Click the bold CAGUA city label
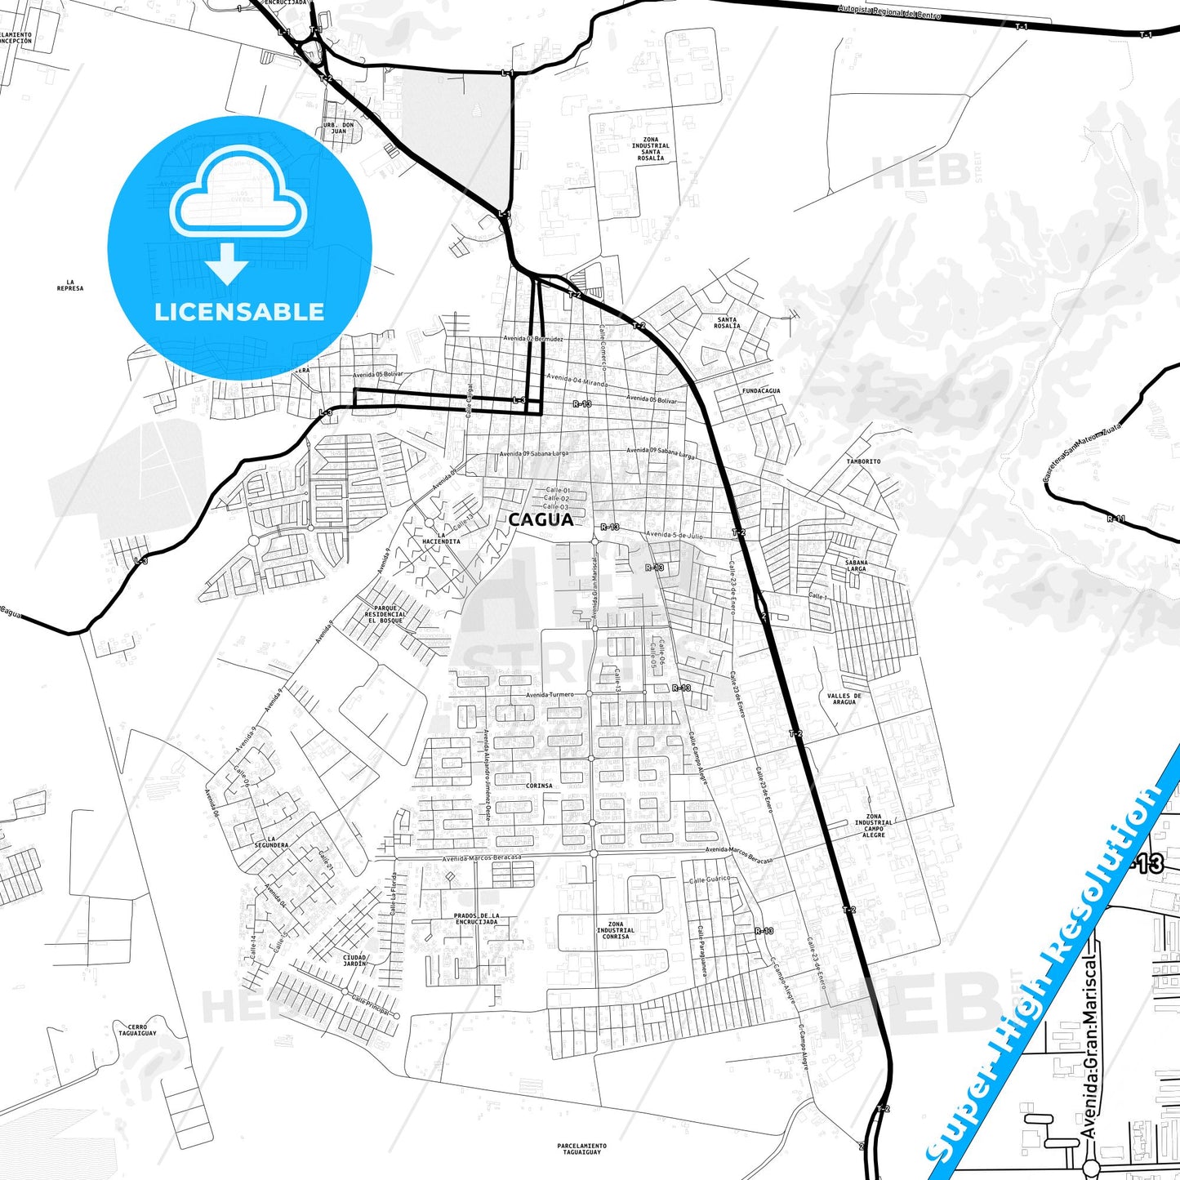point(540,520)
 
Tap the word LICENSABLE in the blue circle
point(239,312)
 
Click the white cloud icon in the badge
point(238,200)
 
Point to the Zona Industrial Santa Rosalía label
point(651,149)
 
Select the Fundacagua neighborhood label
point(760,391)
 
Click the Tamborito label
point(863,461)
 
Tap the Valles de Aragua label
point(844,699)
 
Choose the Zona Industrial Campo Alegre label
point(874,826)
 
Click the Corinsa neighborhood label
point(539,786)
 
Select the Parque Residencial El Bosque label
point(385,614)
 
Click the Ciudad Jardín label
point(354,960)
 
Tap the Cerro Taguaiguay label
point(136,1030)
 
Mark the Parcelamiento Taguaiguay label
point(582,1148)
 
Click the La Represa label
point(70,285)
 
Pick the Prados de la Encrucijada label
point(476,919)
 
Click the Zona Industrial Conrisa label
point(615,930)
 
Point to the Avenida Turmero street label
point(550,695)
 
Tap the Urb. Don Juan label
point(339,128)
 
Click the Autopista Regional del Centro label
point(889,12)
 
